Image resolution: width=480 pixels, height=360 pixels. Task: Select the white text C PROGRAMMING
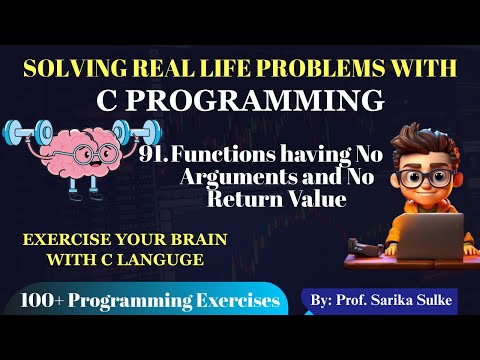[x=240, y=101]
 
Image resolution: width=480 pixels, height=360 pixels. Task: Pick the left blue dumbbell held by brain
[x=27, y=134]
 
